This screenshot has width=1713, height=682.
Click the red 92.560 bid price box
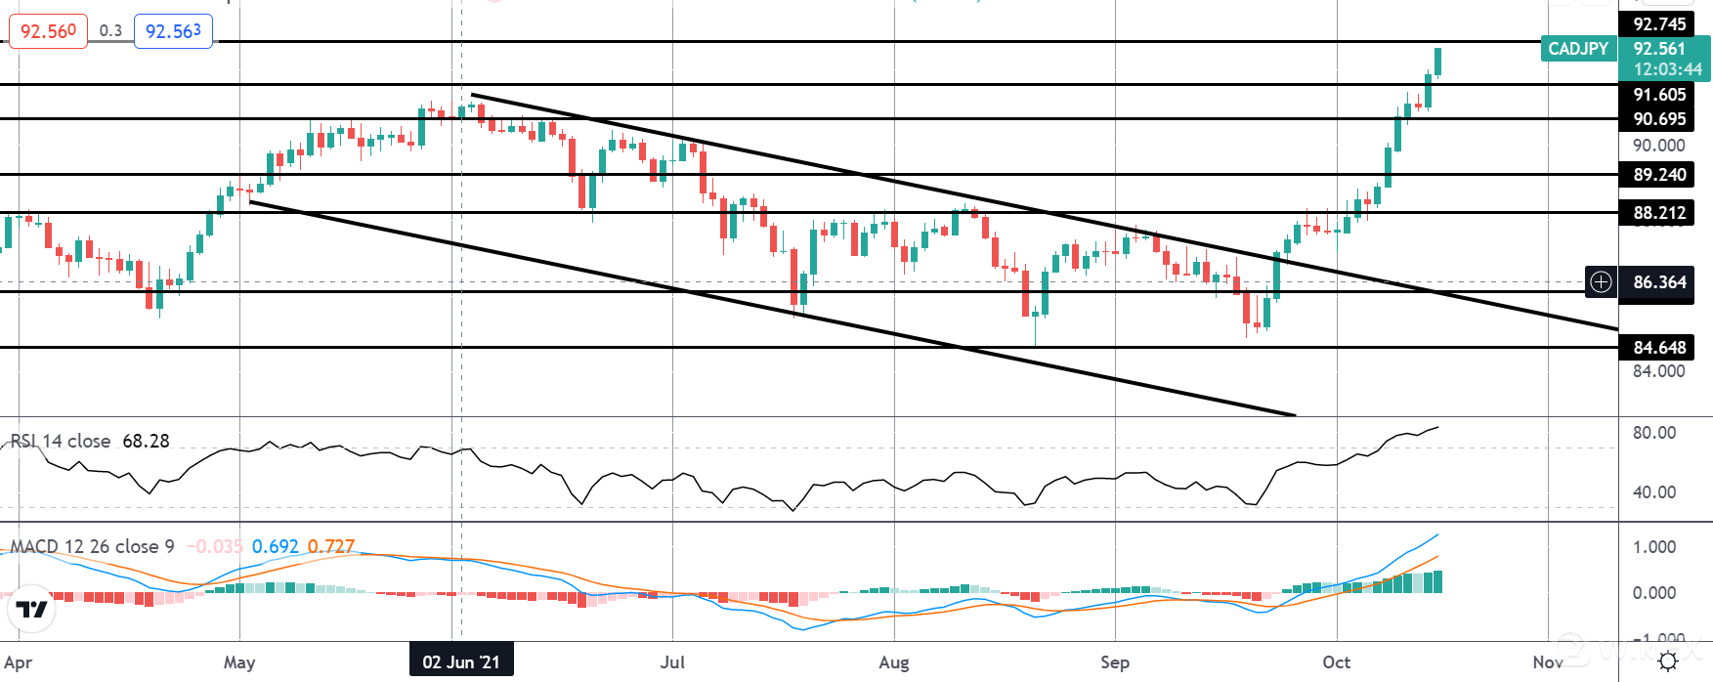pos(48,31)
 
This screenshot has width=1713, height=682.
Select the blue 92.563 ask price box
pos(173,31)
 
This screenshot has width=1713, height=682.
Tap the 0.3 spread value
pos(110,31)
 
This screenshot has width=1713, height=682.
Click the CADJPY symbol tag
pos(1578,49)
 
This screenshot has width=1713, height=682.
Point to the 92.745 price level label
pos(1659,23)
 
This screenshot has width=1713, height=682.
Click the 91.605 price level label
pos(1659,95)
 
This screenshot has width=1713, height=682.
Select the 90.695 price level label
pos(1659,119)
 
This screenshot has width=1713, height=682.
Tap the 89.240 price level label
pos(1659,175)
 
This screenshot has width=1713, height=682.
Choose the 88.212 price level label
pos(1659,213)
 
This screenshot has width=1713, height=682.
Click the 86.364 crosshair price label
pos(1659,282)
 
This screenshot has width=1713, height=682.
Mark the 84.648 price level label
pos(1659,348)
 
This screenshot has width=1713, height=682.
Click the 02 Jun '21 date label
pos(461,662)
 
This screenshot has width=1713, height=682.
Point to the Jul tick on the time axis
pos(672,662)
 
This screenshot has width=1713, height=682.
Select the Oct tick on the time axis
pos(1336,662)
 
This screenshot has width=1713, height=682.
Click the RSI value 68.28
pos(146,442)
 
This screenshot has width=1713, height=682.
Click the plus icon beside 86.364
pos(1601,282)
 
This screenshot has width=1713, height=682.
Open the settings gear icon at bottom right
pos(1668,661)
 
